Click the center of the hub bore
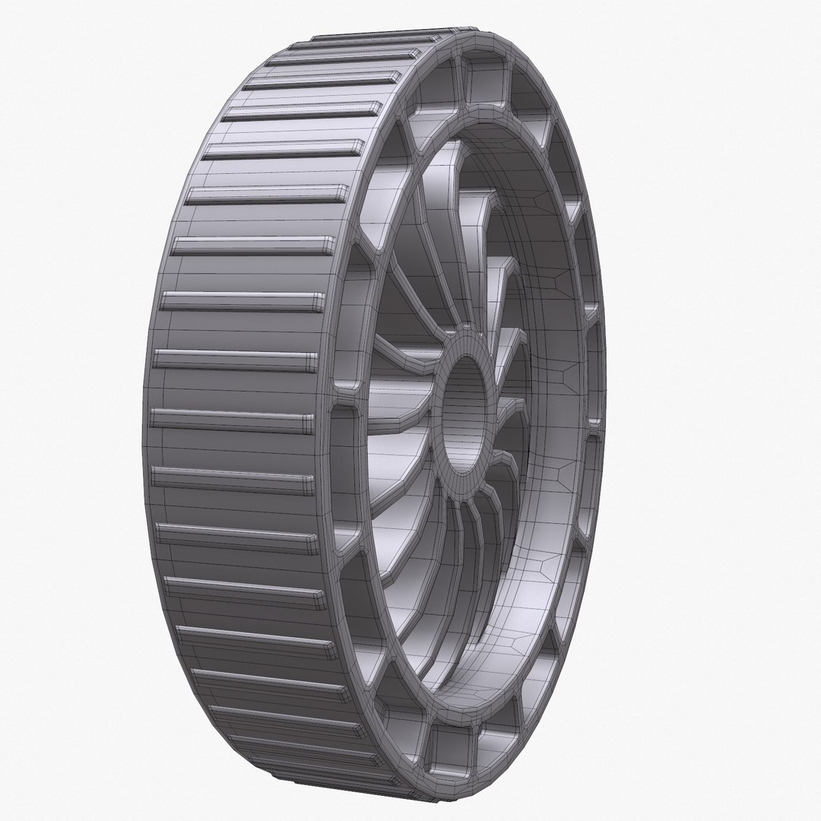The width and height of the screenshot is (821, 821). (465, 411)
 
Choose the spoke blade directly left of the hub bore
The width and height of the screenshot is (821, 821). (395, 403)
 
